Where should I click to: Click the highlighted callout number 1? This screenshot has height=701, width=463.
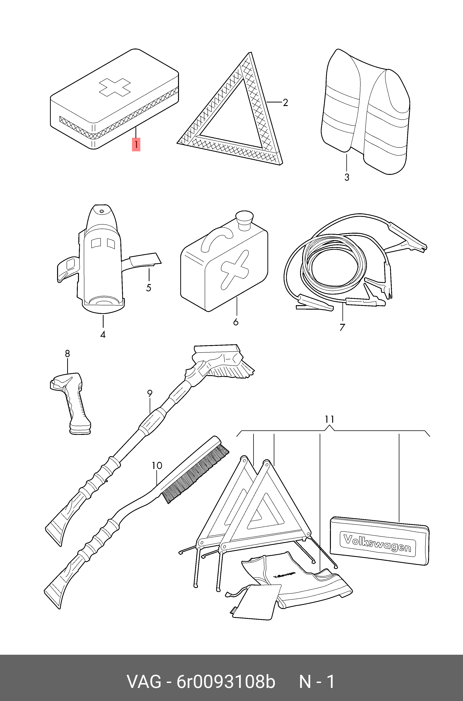(x=136, y=144)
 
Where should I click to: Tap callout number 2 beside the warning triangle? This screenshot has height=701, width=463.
(x=285, y=102)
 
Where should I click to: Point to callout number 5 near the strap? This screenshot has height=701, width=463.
(x=149, y=288)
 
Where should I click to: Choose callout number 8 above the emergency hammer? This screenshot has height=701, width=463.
(x=67, y=353)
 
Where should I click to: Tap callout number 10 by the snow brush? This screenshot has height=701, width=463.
(x=157, y=466)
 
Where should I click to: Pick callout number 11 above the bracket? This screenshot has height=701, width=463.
(x=330, y=419)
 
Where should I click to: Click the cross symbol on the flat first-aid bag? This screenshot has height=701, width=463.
(x=115, y=87)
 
